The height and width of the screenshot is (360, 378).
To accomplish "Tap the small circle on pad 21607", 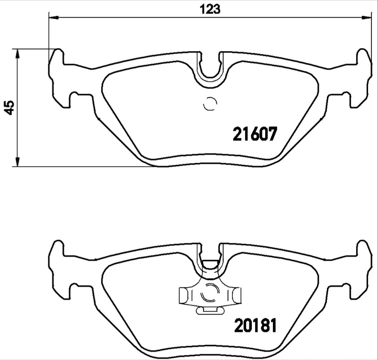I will pyautogui.click(x=210, y=104).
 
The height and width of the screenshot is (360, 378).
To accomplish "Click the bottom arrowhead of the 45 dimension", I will pyautogui.click(x=17, y=162).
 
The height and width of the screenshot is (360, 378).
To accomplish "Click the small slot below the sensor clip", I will pyautogui.click(x=210, y=310).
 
